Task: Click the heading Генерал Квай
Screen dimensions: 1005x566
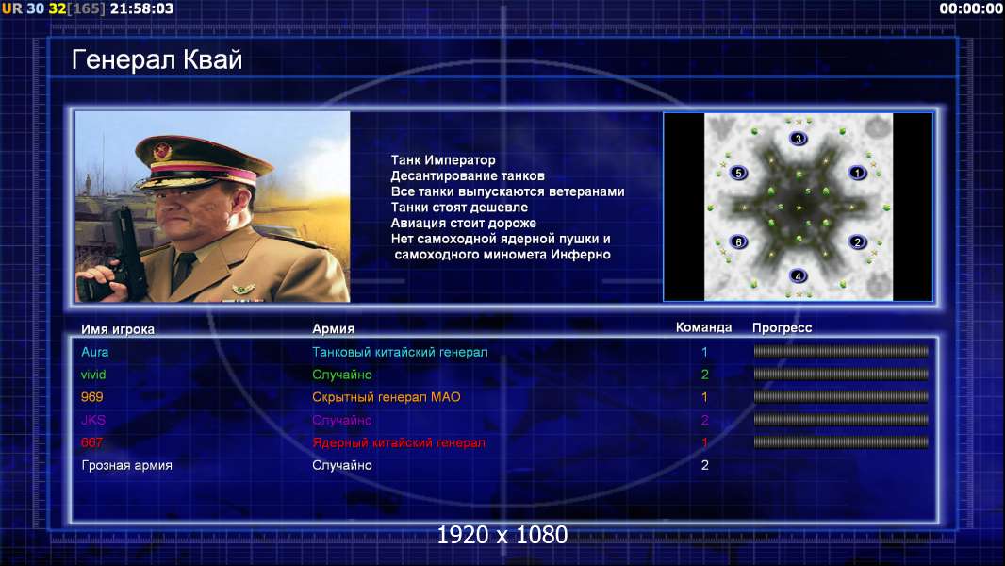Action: [x=157, y=59]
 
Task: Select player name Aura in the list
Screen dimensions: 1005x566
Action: [x=95, y=352]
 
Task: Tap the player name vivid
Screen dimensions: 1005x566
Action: [x=93, y=375]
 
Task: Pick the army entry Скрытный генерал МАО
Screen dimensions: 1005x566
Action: [x=387, y=397]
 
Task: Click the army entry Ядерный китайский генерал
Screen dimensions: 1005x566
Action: [x=399, y=442]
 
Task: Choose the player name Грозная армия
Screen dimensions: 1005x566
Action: [x=127, y=465]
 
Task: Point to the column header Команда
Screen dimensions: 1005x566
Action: [x=703, y=327]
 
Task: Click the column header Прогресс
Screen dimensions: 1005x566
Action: [x=782, y=327]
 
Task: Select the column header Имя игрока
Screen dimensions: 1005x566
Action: [x=118, y=329]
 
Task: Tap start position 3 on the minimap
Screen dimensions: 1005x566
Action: [x=798, y=139]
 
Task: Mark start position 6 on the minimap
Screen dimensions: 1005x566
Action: [x=739, y=241]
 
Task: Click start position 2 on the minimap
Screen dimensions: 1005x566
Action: [x=858, y=241]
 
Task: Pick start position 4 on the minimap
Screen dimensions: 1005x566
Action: [x=798, y=276]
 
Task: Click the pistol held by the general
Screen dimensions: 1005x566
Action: [x=126, y=252]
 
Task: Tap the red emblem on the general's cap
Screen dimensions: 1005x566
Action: [x=162, y=151]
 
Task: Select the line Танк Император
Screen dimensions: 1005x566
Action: [x=443, y=160]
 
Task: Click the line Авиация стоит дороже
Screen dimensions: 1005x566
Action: [x=464, y=223]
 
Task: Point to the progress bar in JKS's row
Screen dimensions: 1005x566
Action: [x=841, y=420]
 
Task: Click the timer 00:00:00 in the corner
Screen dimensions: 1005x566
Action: [x=970, y=8]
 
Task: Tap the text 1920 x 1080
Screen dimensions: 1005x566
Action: [x=502, y=535]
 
